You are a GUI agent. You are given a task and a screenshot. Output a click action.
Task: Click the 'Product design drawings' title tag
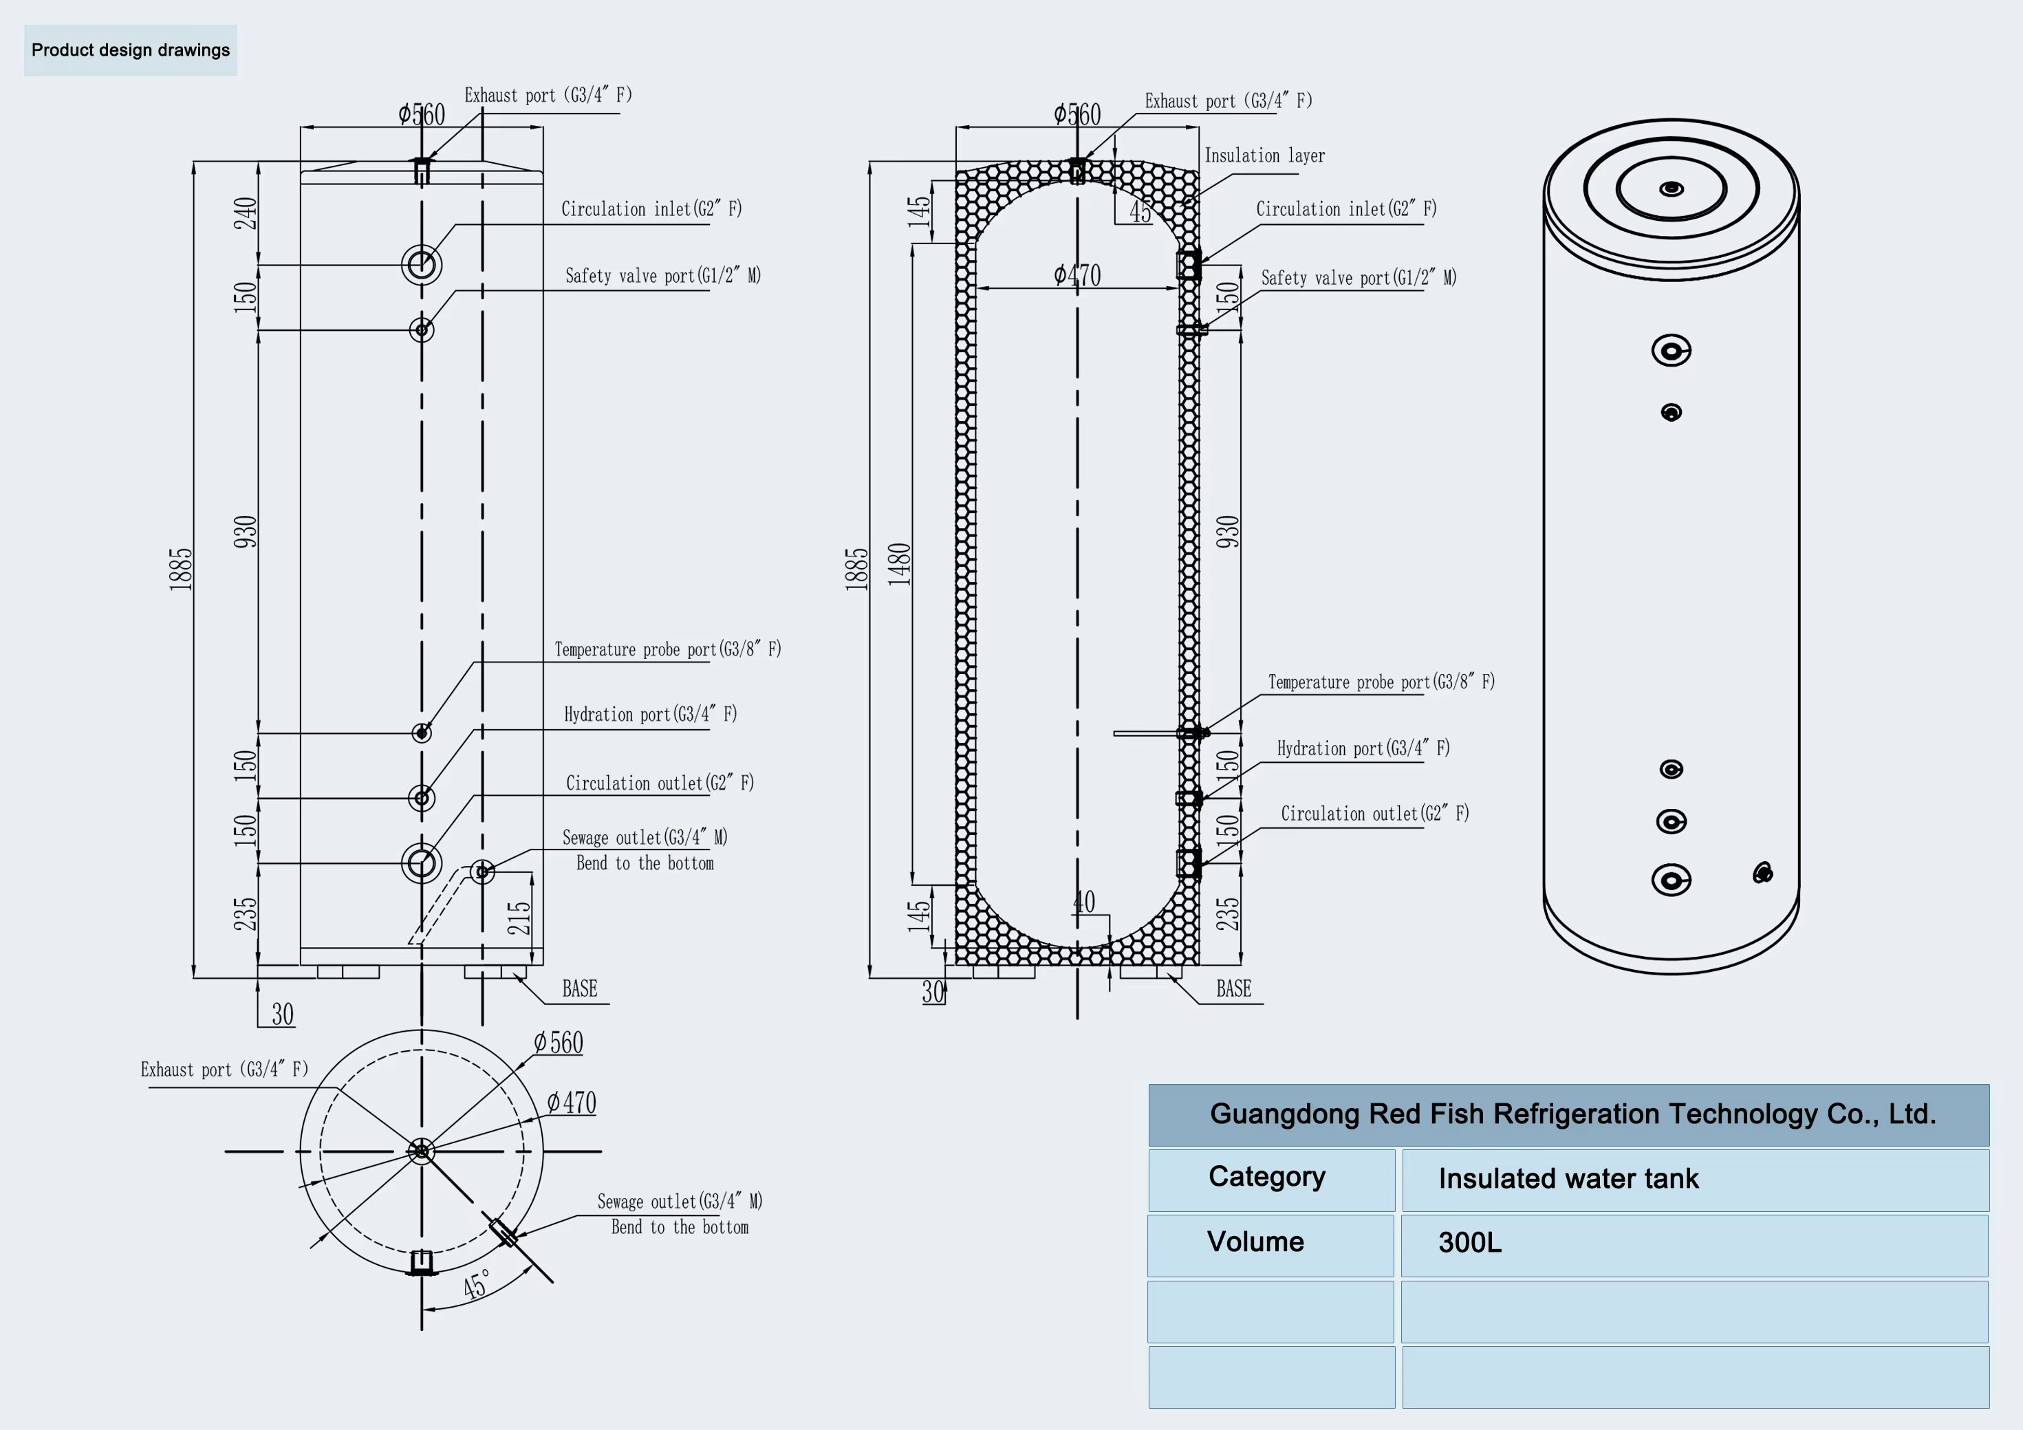(x=131, y=50)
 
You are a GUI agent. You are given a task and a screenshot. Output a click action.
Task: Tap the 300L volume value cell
(x=1694, y=1245)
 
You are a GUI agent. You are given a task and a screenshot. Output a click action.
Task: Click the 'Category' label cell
(x=1271, y=1180)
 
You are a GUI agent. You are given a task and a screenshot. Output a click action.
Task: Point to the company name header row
(x=1568, y=1114)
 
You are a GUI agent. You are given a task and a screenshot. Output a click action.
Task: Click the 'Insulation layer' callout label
(x=1264, y=156)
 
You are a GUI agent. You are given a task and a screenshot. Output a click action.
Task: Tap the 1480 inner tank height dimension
(x=899, y=564)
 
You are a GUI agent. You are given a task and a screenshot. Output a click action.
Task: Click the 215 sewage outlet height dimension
(x=519, y=917)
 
